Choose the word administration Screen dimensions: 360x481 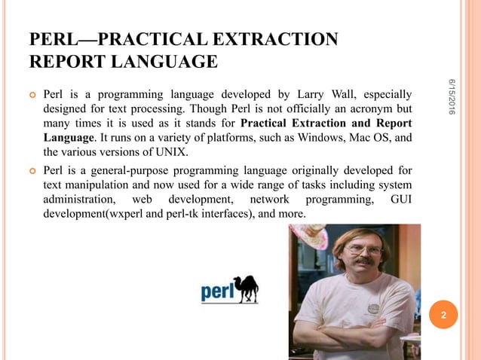point(79,200)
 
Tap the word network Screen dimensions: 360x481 point(269,200)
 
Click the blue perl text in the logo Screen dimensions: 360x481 point(216,291)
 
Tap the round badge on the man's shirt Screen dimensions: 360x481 point(373,308)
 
